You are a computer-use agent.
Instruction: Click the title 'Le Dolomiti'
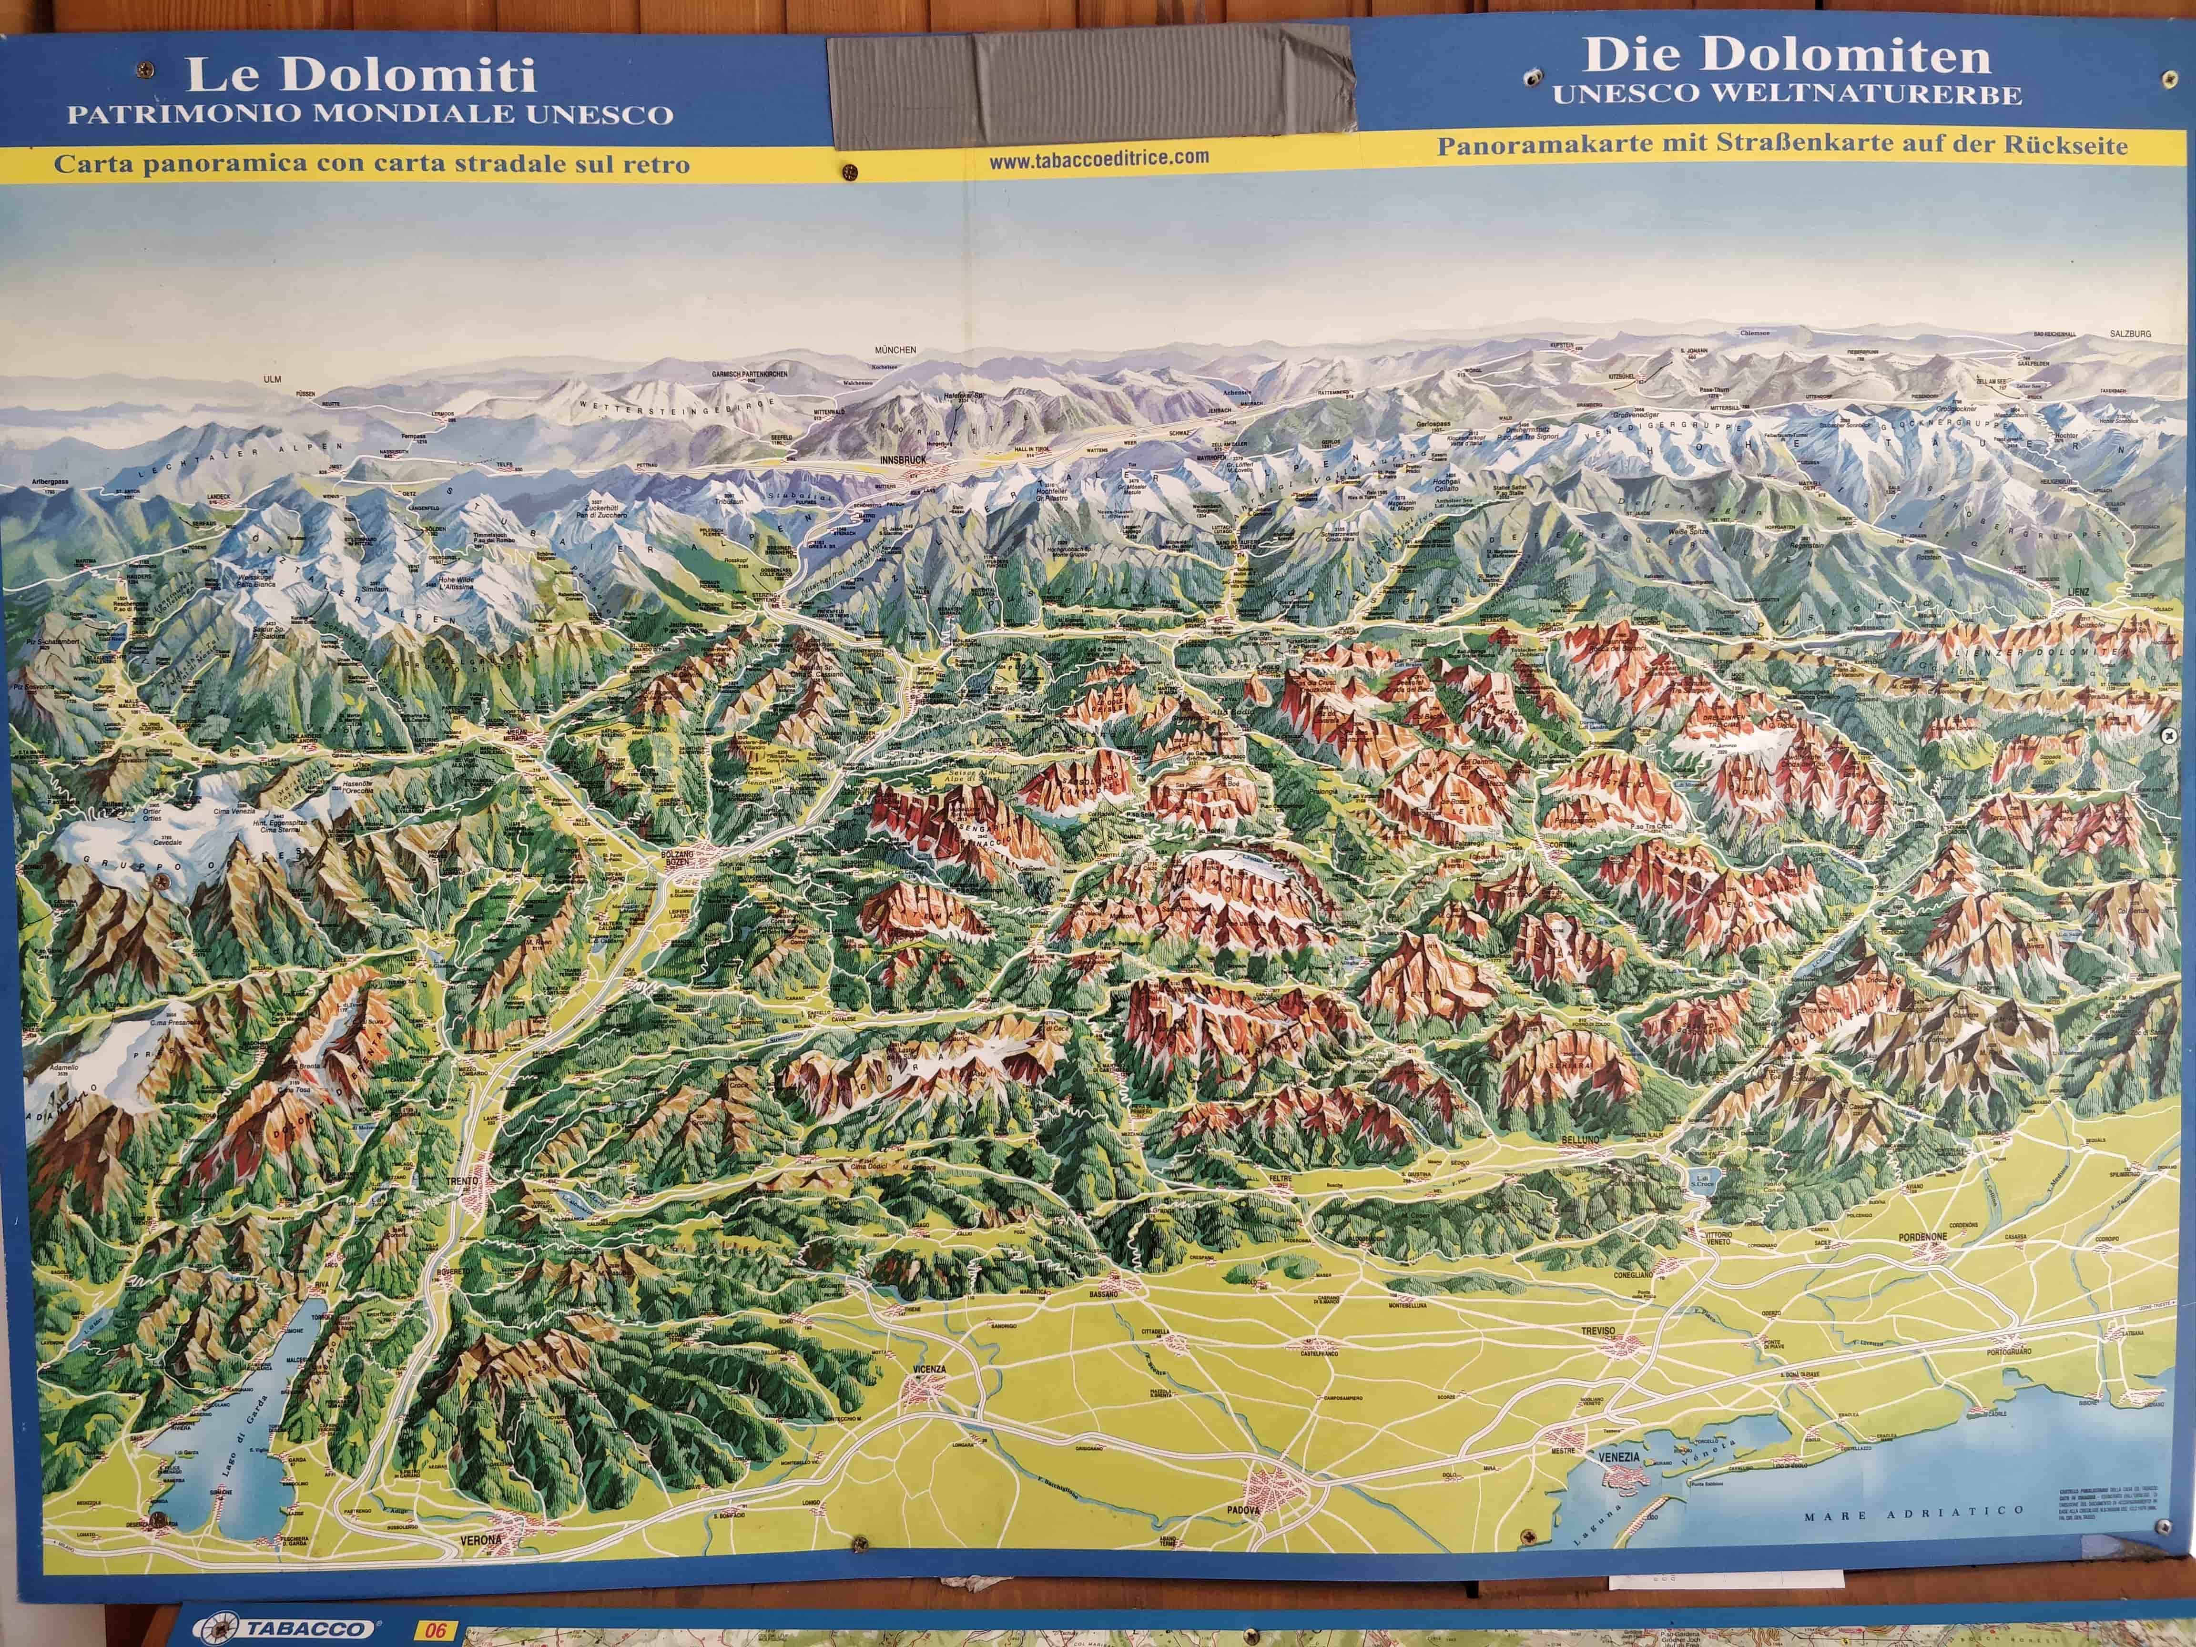pyautogui.click(x=360, y=75)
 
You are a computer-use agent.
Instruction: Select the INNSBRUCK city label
pyautogui.click(x=903, y=461)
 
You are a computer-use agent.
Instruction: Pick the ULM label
pyautogui.click(x=272, y=379)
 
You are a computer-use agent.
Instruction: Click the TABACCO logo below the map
pyautogui.click(x=287, y=1629)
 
